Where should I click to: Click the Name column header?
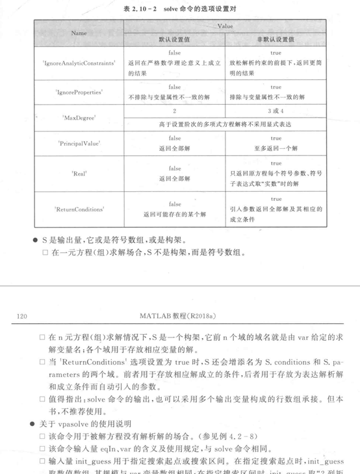coord(79,32)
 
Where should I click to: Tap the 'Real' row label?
coord(79,174)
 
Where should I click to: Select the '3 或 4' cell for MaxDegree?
coord(276,111)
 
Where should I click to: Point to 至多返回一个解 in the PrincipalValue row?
coord(276,147)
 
